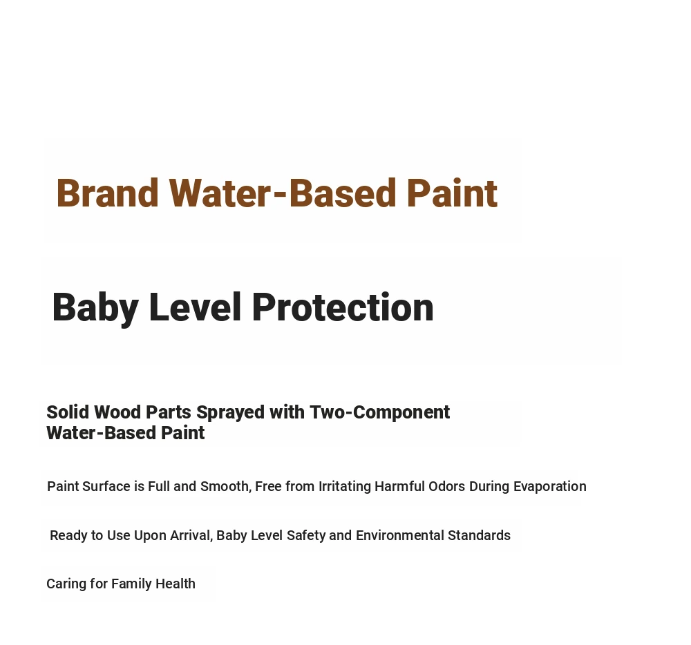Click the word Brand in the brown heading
[107, 193]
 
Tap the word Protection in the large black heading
[343, 307]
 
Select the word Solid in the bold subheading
[68, 412]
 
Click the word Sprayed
[231, 413]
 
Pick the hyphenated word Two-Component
[379, 413]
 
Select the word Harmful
[399, 486]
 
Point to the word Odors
[446, 486]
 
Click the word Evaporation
[549, 486]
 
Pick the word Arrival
[191, 535]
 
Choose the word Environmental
[399, 535]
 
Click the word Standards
[479, 535]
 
